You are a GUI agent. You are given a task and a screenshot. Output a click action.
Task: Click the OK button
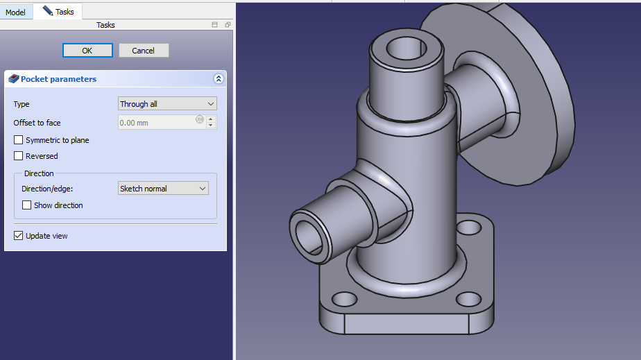87,50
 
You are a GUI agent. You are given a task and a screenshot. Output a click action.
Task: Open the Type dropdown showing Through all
167,104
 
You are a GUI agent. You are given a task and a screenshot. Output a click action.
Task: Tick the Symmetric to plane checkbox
19,140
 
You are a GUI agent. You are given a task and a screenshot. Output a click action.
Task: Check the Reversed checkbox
19,155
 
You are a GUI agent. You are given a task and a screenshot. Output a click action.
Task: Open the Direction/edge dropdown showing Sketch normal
163,189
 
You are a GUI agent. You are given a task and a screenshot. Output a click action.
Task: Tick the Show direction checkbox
26,205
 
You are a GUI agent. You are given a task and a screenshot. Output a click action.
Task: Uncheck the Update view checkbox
19,236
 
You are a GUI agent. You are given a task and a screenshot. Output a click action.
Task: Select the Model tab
15,12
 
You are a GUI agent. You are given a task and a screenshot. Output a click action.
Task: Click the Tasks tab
58,11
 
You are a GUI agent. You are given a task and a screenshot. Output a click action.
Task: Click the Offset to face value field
157,123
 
